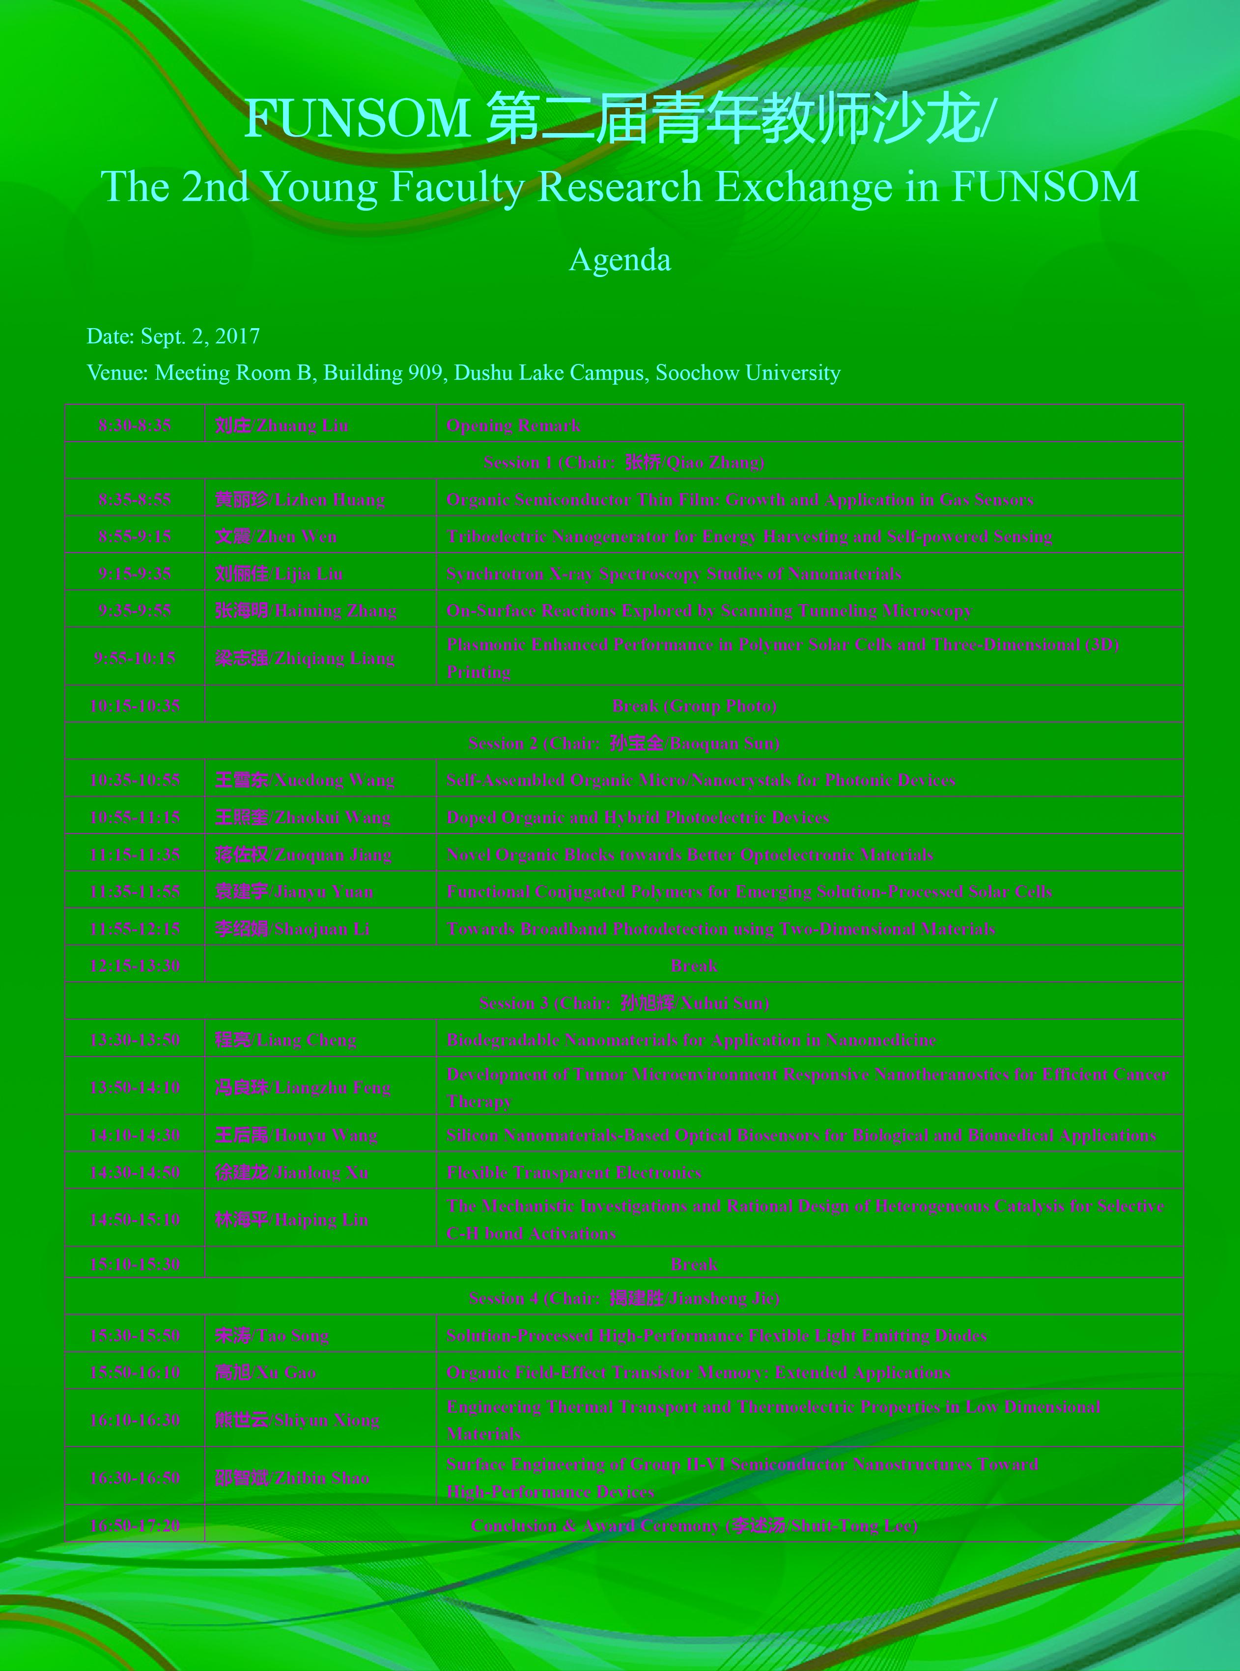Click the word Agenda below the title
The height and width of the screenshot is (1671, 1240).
620,260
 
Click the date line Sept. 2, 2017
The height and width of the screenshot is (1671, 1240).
173,336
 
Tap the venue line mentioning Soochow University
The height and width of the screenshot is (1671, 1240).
463,373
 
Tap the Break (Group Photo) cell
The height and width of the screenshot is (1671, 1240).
694,706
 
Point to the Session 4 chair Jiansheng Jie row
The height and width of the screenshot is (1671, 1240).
624,1299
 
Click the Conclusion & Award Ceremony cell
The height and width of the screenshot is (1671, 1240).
694,1526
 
